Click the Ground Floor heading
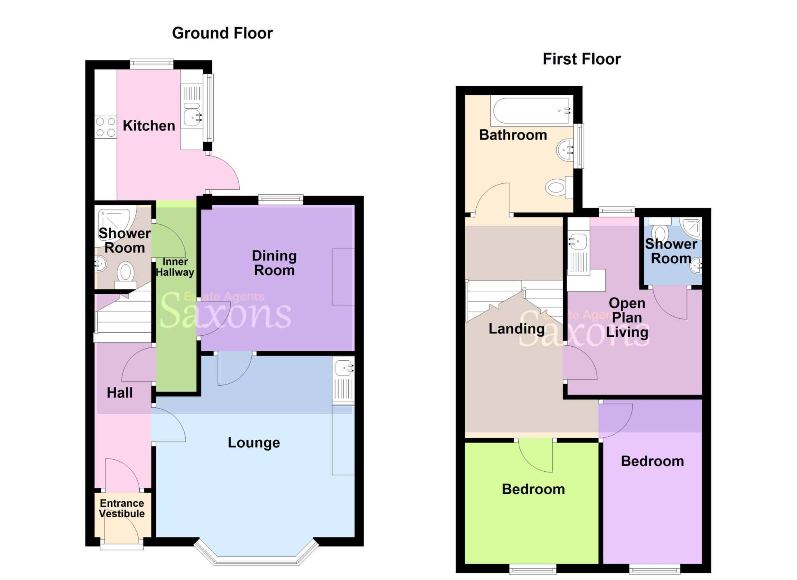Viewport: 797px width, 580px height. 222,33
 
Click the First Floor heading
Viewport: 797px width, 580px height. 581,59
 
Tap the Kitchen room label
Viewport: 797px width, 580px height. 149,126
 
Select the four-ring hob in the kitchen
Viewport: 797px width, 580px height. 105,127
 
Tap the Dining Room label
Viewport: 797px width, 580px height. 274,263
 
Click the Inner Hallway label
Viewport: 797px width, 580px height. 175,267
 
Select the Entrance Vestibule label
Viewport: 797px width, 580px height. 122,508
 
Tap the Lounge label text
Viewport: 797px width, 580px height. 254,442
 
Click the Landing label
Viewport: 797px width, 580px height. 516,329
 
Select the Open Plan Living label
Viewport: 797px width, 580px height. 627,317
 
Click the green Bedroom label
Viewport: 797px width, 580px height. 533,489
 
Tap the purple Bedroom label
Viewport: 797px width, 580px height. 652,461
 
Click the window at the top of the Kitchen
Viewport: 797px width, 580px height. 151,63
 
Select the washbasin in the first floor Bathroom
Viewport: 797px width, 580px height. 565,149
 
